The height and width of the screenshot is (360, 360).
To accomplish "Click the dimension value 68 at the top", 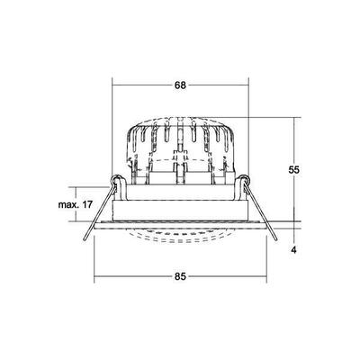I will (x=180, y=85).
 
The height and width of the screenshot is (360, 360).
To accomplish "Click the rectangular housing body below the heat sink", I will (x=180, y=202).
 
